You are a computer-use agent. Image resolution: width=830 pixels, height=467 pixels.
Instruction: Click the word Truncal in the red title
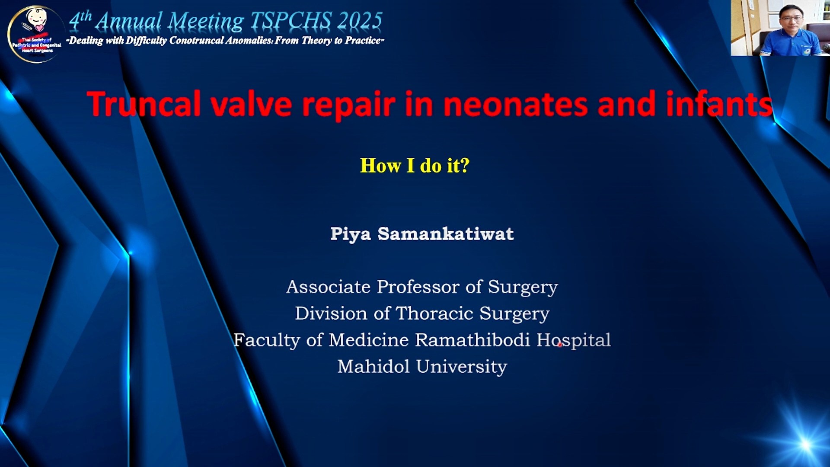(x=144, y=104)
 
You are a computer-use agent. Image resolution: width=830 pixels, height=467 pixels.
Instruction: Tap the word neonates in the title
(x=516, y=105)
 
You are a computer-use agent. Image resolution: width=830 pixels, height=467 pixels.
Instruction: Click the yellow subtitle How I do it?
(x=415, y=166)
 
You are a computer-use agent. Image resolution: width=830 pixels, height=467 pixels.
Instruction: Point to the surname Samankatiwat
(x=446, y=234)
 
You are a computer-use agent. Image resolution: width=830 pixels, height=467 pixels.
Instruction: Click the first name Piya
(x=351, y=234)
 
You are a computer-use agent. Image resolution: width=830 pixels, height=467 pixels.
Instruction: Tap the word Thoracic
(x=434, y=313)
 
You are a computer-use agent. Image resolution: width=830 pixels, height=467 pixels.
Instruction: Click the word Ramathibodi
(x=472, y=340)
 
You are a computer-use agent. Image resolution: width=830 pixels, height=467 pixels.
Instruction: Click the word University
(x=462, y=367)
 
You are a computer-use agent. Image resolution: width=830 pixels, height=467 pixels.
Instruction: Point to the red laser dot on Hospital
(x=560, y=345)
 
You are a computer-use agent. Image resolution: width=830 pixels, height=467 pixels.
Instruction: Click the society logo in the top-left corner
(x=36, y=34)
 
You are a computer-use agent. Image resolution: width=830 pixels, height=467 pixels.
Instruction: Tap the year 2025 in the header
(x=361, y=21)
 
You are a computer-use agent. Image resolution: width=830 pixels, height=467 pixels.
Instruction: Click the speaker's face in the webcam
(x=791, y=18)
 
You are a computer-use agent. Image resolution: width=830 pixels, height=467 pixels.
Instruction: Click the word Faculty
(x=267, y=340)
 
